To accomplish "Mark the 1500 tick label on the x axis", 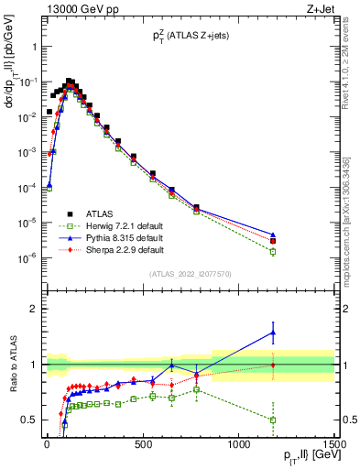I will tap(333, 444).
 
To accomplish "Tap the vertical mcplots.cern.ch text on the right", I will tap(349, 229).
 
